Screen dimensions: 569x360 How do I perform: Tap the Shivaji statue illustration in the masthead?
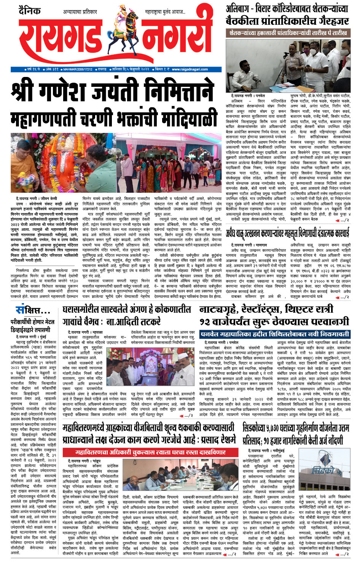(120, 23)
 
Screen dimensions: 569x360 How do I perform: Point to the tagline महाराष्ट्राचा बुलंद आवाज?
(165, 12)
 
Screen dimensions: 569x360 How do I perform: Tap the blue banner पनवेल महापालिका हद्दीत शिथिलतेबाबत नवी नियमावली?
(274, 334)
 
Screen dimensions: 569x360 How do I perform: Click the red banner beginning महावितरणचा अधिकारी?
(150, 452)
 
